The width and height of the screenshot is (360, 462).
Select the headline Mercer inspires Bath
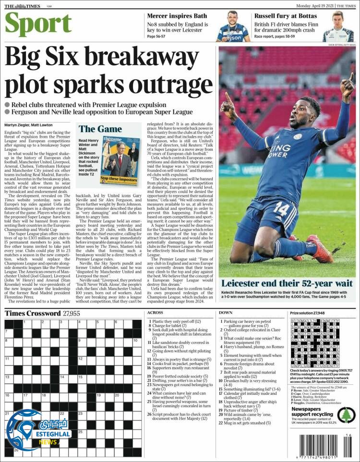click(177, 16)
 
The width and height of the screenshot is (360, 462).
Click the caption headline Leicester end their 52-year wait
click(287, 283)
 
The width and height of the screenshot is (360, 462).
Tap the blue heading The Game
click(100, 129)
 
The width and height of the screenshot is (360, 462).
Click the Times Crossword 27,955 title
click(42, 314)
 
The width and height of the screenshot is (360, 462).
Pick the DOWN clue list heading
click(226, 313)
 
